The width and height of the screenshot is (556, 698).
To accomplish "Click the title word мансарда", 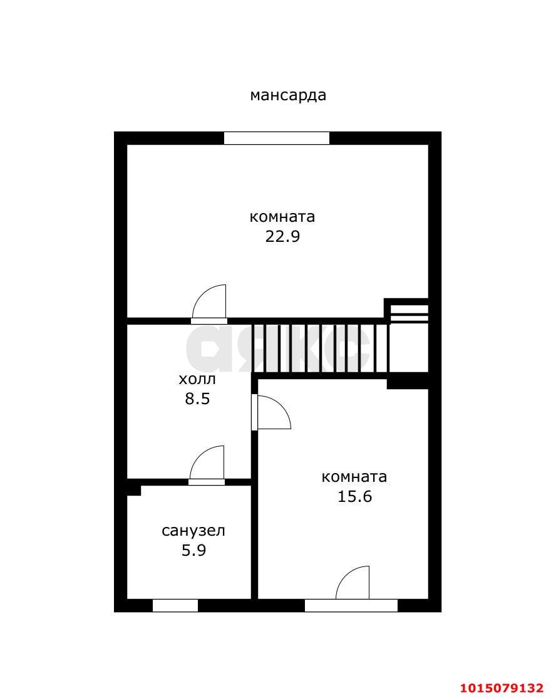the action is pyautogui.click(x=288, y=95).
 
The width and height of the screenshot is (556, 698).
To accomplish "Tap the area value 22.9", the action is pyautogui.click(x=282, y=236).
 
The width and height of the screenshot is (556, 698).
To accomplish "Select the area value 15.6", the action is pyautogui.click(x=354, y=496).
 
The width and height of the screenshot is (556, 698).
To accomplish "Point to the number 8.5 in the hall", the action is pyautogui.click(x=197, y=398).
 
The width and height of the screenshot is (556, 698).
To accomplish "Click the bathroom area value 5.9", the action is pyautogui.click(x=194, y=551).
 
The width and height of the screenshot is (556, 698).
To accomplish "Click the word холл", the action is pyautogui.click(x=197, y=379).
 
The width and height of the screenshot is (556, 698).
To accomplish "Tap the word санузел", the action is pyautogui.click(x=193, y=531).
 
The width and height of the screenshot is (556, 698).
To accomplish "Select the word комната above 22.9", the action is pyautogui.click(x=282, y=217).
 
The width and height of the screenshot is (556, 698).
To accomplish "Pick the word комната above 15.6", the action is pyautogui.click(x=354, y=477).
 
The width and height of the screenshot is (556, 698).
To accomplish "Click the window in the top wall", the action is pyautogui.click(x=277, y=138).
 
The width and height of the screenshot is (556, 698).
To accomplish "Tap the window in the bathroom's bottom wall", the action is pyautogui.click(x=175, y=605).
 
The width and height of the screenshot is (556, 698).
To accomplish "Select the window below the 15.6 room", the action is pyautogui.click(x=351, y=605).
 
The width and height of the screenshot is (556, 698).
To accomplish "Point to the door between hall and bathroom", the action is pyautogui.click(x=207, y=465).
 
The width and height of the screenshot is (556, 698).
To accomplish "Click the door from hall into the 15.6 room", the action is pyautogui.click(x=271, y=412).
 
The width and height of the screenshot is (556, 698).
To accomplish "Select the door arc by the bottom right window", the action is pyautogui.click(x=353, y=583).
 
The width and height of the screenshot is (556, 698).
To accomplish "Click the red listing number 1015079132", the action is pyautogui.click(x=502, y=688).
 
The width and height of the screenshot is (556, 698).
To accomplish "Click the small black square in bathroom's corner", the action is pyautogui.click(x=134, y=490).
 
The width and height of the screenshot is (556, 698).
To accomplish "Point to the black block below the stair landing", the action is pyautogui.click(x=408, y=383).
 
